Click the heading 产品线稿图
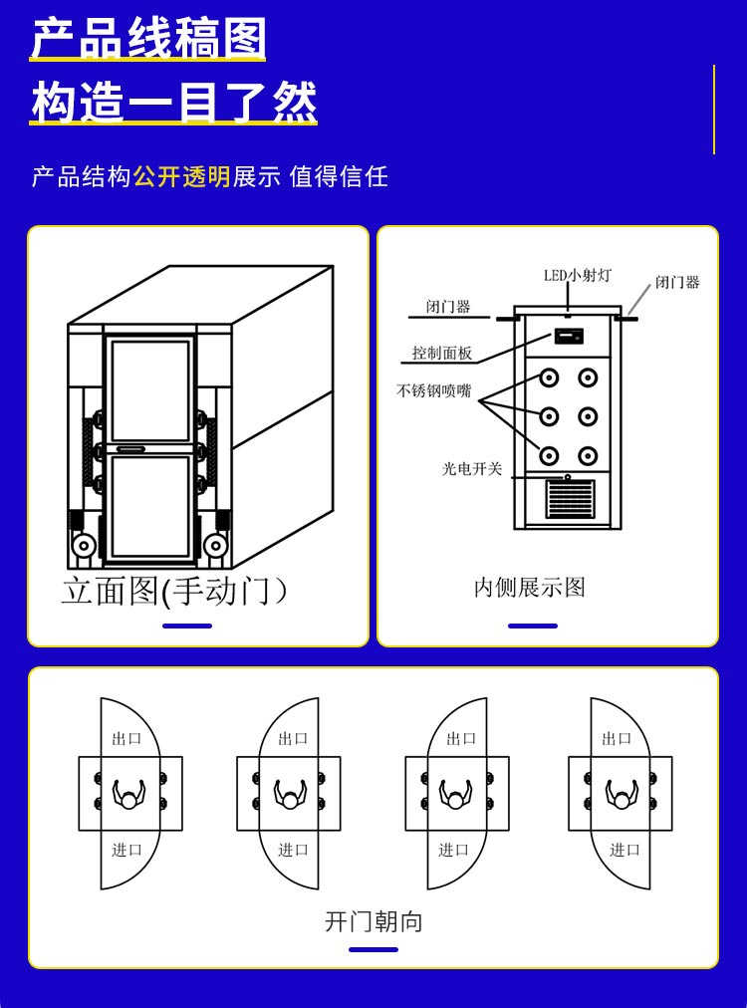pyautogui.click(x=148, y=40)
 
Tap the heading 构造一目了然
pyautogui.click(x=173, y=103)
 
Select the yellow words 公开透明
pyautogui.click(x=181, y=177)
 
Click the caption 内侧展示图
pyautogui.click(x=529, y=588)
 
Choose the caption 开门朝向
pyautogui.click(x=373, y=921)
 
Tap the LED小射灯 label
pyautogui.click(x=577, y=275)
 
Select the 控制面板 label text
pyautogui.click(x=442, y=353)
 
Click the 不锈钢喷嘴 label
pyautogui.click(x=433, y=390)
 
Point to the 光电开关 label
pyautogui.click(x=472, y=468)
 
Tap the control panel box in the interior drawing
pyautogui.click(x=569, y=337)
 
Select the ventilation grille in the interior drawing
pyautogui.click(x=570, y=499)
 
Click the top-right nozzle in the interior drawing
pyautogui.click(x=588, y=378)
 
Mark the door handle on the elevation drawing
pyautogui.click(x=130, y=449)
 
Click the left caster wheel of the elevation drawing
pyautogui.click(x=84, y=546)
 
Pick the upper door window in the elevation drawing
pyautogui.click(x=150, y=390)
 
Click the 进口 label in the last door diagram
pyautogui.click(x=624, y=850)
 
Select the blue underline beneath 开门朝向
pyautogui.click(x=373, y=949)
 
